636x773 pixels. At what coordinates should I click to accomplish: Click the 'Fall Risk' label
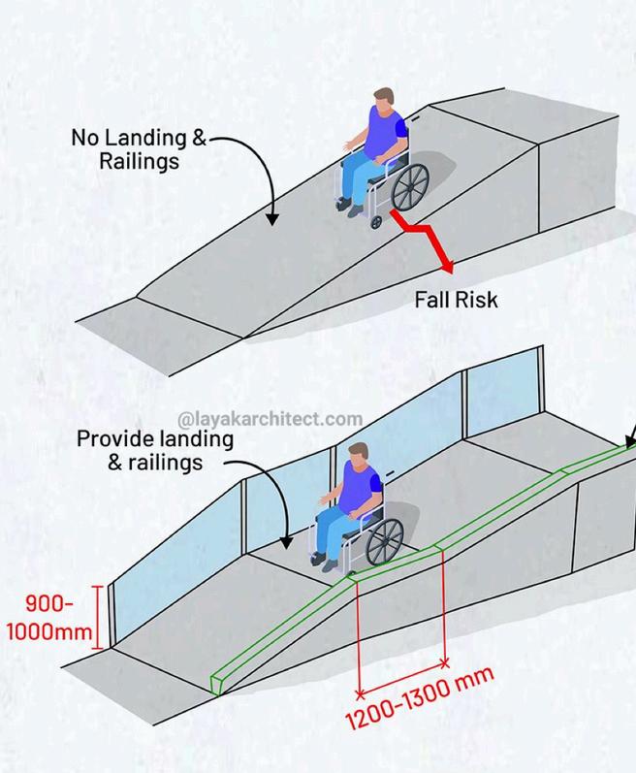click(456, 300)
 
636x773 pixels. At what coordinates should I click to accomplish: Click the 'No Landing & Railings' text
click(139, 148)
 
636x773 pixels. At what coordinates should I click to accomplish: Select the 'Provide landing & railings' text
click(155, 450)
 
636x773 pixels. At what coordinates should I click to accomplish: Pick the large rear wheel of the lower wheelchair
click(385, 540)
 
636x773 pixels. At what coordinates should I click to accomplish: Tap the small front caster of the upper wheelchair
click(376, 222)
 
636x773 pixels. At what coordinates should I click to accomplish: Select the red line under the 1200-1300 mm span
click(402, 678)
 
